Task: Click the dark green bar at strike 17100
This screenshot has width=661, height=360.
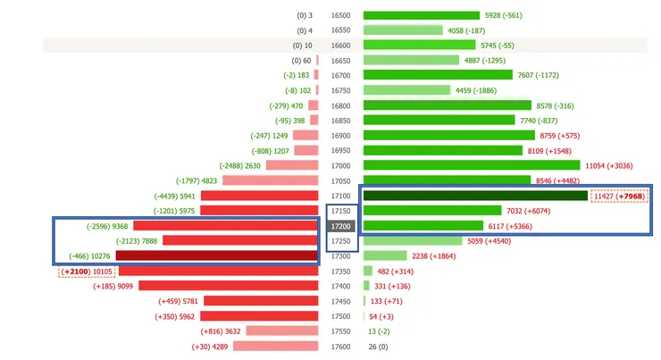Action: [475, 196]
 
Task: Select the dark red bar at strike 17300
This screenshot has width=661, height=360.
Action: [229, 256]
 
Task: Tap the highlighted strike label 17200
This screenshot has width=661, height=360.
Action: [341, 226]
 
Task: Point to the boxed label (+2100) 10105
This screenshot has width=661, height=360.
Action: [87, 272]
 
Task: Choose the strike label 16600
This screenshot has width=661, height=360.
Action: [341, 46]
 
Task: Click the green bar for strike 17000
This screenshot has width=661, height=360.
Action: [472, 165]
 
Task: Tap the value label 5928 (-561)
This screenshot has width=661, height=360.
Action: [504, 15]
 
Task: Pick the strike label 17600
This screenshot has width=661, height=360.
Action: [341, 347]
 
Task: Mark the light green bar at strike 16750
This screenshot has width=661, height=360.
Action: [406, 90]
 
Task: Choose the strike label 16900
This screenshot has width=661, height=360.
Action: [341, 136]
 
